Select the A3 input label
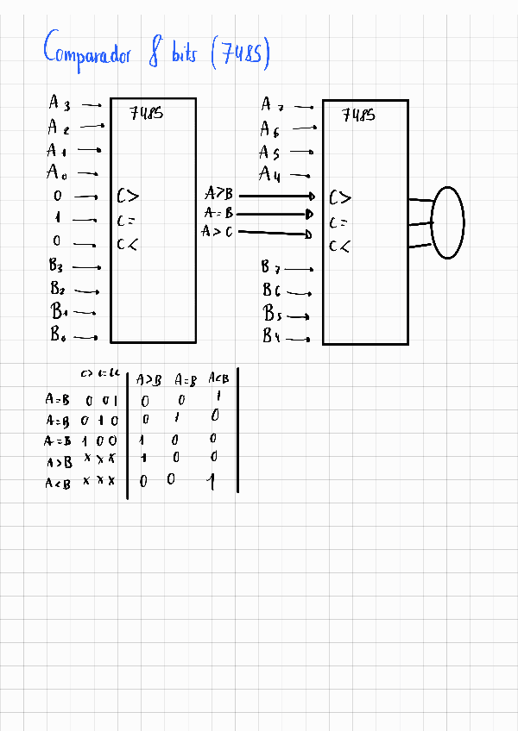click(59, 103)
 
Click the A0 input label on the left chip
click(57, 172)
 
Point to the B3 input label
click(60, 266)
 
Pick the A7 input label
click(271, 105)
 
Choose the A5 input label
click(270, 153)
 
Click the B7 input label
click(272, 267)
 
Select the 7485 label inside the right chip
click(358, 114)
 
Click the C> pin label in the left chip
click(127, 197)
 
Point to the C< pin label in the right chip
click(339, 247)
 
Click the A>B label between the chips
click(218, 194)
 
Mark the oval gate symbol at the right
click(447, 222)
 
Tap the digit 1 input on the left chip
click(57, 219)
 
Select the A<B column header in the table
click(219, 378)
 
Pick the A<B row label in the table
click(59, 484)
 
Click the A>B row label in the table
click(59, 462)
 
